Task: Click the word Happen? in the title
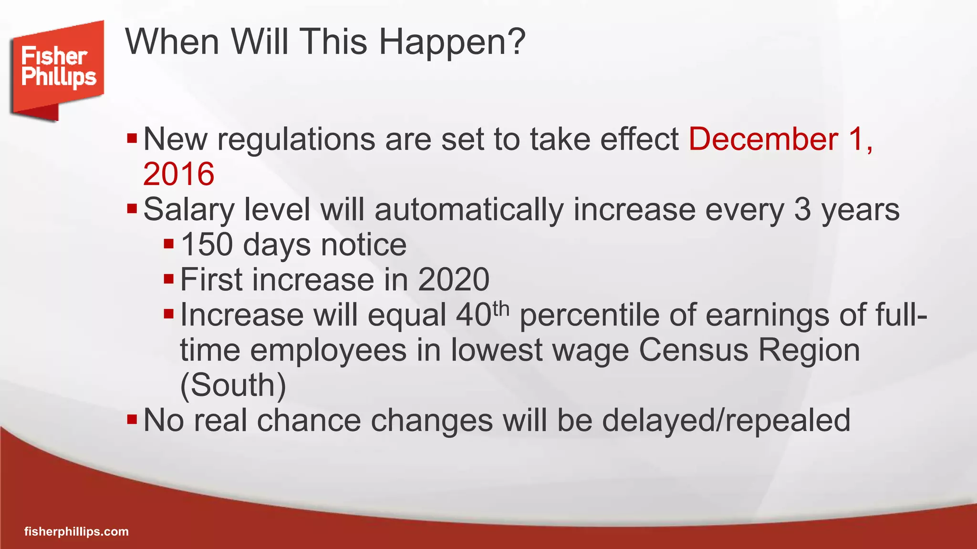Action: coord(452,42)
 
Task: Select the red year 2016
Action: coord(178,174)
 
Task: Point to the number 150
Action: coord(207,245)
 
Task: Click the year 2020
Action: coord(453,280)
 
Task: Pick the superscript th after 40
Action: coord(501,308)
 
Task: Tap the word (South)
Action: coord(233,385)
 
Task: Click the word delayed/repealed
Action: coord(726,420)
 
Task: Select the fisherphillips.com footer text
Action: coord(76,531)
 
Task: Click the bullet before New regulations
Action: coord(132,139)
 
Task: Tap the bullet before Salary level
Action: coord(132,209)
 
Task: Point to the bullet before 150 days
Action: coord(169,244)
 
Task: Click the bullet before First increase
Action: coord(169,279)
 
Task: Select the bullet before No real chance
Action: coord(132,420)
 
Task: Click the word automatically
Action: coord(469,210)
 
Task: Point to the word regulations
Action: coord(296,140)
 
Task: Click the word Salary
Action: coord(189,210)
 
